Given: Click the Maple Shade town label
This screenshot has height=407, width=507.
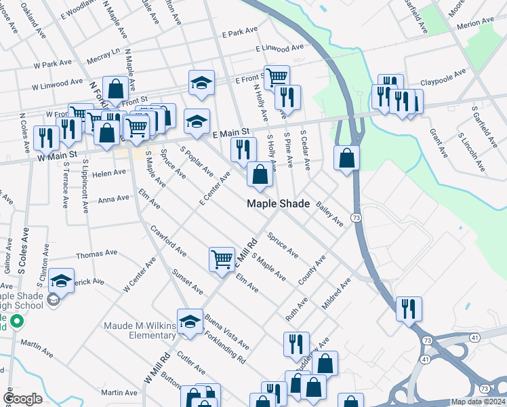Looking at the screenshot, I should click(278, 203).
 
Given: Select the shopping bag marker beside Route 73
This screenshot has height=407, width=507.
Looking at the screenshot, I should click(346, 159).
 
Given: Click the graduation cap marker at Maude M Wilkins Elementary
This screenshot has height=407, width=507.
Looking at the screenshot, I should click(190, 322).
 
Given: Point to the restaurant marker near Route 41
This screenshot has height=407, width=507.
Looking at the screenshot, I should click(409, 309).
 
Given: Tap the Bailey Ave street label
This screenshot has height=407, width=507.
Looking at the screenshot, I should click(328, 213).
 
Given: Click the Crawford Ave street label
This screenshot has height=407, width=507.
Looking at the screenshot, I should click(169, 241).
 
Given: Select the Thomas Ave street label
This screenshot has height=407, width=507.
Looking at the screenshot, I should click(97, 254).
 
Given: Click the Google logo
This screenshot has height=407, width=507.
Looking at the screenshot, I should click(22, 399).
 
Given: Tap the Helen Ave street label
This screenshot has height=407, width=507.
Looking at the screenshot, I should click(110, 172).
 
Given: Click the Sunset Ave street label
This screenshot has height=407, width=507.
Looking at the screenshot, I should click(188, 281).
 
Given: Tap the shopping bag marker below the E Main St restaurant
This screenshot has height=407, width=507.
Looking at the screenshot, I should click(260, 175).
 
